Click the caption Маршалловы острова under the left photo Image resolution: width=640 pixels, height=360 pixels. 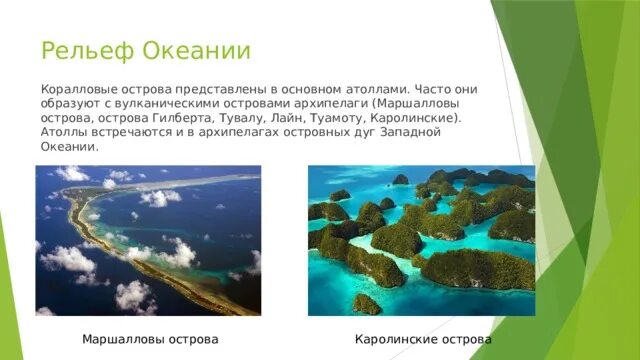point(150,340)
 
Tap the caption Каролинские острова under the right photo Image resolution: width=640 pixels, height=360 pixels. point(423,340)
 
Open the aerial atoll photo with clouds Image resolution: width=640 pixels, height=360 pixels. point(148,240)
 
